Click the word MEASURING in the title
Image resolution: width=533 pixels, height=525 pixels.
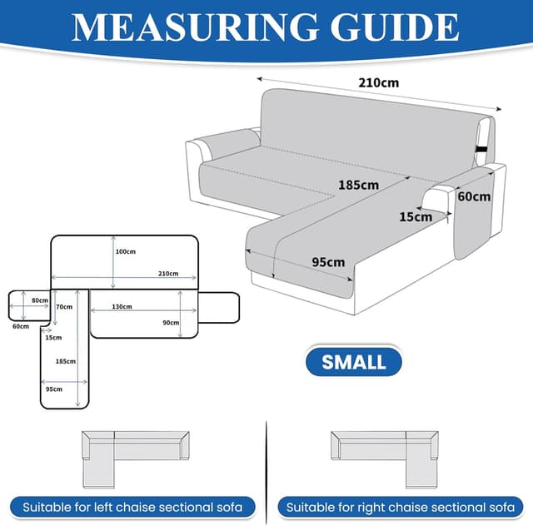195,27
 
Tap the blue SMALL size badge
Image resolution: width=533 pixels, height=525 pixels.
353,362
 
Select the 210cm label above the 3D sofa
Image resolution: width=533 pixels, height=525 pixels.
379,83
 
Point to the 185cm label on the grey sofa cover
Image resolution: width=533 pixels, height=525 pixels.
359,185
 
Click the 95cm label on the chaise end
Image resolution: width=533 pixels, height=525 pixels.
328,262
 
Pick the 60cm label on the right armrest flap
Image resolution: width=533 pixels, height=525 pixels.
474,196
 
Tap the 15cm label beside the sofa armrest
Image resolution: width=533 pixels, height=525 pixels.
416,216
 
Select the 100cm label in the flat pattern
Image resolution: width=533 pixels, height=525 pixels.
126,251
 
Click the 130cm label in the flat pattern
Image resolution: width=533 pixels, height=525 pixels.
122,307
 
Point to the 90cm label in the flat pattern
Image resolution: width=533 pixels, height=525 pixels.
171,323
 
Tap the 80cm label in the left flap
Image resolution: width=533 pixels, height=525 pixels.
40,300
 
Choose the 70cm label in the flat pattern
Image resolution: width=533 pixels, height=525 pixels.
64,307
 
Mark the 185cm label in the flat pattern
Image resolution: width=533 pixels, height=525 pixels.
66,361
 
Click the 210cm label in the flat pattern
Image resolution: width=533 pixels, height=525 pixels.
168,274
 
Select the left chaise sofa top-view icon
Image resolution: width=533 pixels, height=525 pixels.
135,460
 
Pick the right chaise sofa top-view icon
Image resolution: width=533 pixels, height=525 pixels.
385,460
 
